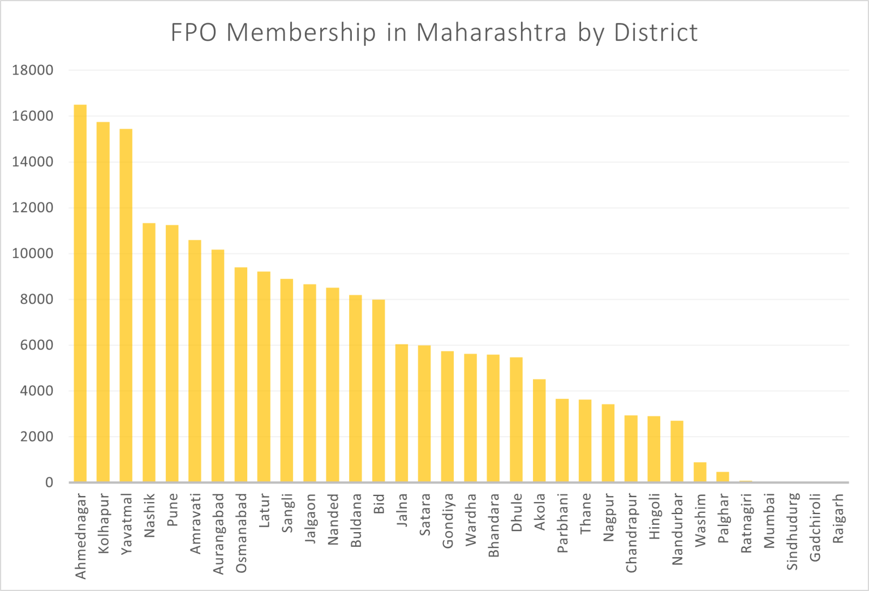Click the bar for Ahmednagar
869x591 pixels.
(80, 294)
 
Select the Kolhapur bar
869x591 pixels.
(103, 303)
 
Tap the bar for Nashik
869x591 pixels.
(149, 353)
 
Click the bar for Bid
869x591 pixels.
(378, 391)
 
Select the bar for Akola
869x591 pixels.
(539, 431)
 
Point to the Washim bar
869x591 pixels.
(700, 473)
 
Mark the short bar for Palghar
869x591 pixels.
(723, 477)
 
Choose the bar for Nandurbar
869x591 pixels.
(677, 452)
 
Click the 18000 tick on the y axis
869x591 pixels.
(33, 70)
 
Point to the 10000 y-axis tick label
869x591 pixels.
(33, 253)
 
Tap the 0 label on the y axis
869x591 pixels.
(49, 482)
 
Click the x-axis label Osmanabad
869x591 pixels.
(242, 533)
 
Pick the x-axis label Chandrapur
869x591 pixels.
(631, 533)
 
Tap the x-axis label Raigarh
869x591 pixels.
(838, 519)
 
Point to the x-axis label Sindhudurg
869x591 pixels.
(793, 531)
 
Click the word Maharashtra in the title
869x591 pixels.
(492, 33)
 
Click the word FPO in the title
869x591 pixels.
(193, 33)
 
